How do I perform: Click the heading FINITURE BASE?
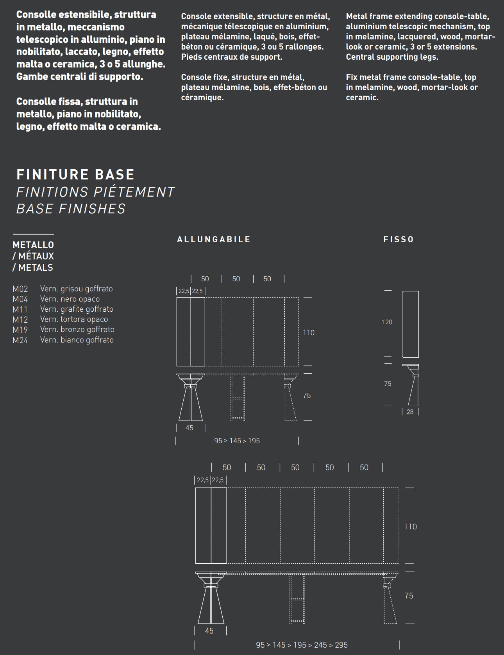(x=75, y=174)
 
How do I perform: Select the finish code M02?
(x=20, y=289)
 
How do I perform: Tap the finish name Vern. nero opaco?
(x=70, y=299)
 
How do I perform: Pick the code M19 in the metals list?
(x=20, y=330)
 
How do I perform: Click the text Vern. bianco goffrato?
(x=77, y=340)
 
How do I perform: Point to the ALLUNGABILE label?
(x=214, y=240)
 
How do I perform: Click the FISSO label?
(x=399, y=240)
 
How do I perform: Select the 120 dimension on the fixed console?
(x=387, y=322)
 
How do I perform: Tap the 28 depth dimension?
(x=410, y=412)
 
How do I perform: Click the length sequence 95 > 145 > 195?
(x=237, y=441)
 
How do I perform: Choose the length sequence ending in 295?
(x=302, y=645)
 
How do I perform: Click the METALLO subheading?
(x=33, y=245)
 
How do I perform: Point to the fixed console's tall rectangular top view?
(x=410, y=324)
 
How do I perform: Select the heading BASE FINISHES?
(x=71, y=209)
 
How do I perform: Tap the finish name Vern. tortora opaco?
(x=74, y=319)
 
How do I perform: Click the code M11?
(x=20, y=309)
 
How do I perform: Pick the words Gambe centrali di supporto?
(x=80, y=76)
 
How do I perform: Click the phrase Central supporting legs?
(x=392, y=57)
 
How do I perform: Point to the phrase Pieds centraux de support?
(x=231, y=57)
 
